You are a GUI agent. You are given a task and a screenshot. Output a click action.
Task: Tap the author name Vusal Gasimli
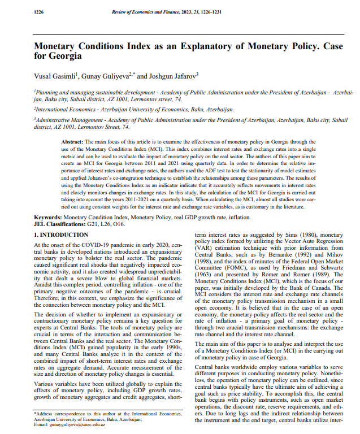[58, 75]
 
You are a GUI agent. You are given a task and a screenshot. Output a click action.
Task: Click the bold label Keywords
[47, 216]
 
